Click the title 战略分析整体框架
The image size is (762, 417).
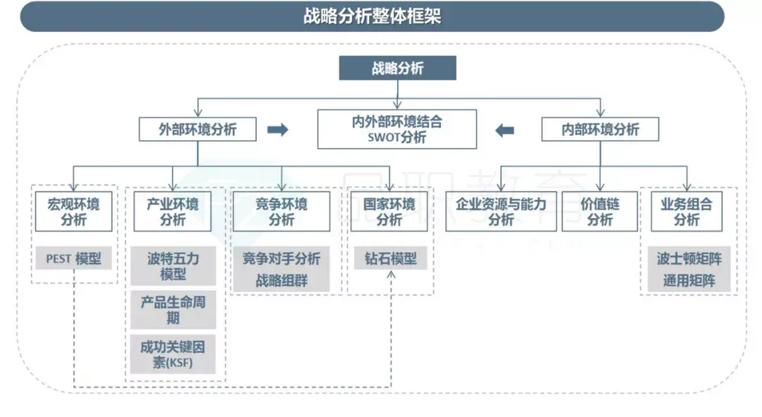372,16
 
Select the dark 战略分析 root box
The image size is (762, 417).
397,68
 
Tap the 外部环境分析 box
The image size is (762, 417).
197,129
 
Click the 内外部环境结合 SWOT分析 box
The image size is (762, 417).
397,128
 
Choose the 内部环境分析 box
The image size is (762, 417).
600,129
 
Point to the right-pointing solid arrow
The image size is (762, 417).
278,130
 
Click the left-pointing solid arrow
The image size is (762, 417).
504,130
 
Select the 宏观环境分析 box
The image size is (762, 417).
73,212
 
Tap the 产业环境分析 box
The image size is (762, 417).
173,212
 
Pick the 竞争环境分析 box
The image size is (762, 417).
281,212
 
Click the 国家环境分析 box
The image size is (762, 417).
389,212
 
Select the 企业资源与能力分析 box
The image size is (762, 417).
500,212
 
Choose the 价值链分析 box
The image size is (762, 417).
600,212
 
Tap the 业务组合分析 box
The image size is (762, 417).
686,212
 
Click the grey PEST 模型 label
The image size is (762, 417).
73,259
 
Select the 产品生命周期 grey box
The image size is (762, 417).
173,310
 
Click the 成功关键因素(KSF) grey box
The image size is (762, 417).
173,354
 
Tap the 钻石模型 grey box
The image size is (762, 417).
390,259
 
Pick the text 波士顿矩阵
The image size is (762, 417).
689,259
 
